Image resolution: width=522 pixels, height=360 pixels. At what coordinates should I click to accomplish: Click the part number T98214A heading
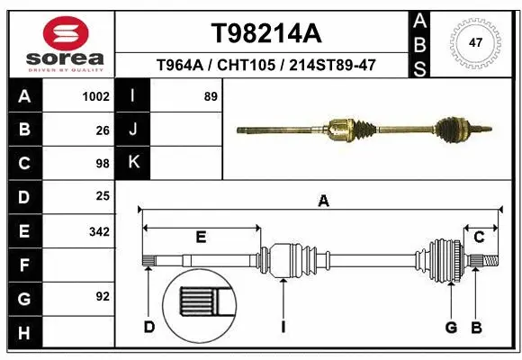point(265,33)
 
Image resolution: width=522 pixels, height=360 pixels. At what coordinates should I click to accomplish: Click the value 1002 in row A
point(94,96)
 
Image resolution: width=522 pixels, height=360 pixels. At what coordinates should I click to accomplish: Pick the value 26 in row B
point(102,130)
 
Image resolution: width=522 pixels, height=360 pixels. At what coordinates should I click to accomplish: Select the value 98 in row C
point(102,164)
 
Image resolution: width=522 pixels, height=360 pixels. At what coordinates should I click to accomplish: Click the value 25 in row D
point(102,196)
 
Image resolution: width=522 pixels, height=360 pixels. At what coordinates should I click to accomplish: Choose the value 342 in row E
point(98,231)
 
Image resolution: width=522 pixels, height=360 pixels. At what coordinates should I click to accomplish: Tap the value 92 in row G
point(102,296)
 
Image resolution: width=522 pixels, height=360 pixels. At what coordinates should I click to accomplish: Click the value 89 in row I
point(211,96)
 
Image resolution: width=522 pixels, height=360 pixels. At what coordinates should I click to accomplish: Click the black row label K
point(133,163)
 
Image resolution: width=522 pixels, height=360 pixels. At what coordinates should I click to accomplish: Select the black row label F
point(23,265)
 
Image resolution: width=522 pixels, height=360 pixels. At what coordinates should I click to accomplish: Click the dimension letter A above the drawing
point(323,202)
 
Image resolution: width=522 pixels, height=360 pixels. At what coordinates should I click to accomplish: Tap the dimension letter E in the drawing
point(201,237)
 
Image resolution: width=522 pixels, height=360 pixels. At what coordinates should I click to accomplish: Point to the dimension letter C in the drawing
point(479,237)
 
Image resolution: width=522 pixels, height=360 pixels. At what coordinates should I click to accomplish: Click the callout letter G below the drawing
point(451,327)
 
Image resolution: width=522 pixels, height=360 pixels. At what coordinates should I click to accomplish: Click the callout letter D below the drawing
point(149,327)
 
